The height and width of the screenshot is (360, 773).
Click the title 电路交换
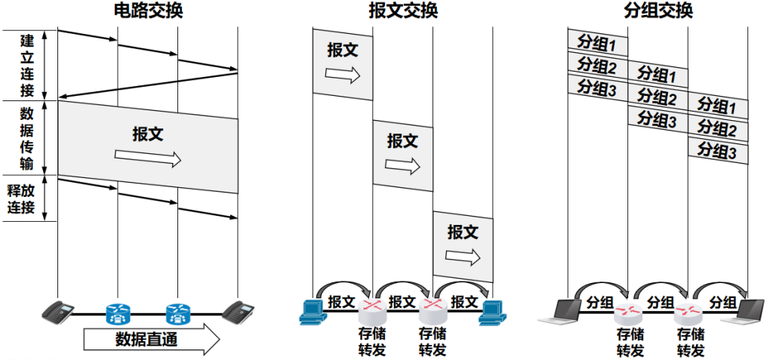(149, 11)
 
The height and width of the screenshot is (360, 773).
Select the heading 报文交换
(403, 11)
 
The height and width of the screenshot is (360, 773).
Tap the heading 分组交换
(658, 11)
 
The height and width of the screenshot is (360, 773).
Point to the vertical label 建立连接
(27, 65)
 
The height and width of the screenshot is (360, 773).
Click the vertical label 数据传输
(26, 139)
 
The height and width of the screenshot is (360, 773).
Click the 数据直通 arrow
(151, 340)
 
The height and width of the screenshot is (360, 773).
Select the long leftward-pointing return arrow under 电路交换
(148, 85)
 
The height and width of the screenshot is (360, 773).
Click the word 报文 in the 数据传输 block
(148, 134)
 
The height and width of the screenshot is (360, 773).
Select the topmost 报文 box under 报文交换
(343, 64)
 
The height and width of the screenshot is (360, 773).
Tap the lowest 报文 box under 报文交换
(463, 247)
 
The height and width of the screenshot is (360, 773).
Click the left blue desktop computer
(313, 312)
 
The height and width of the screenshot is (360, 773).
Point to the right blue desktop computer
(494, 312)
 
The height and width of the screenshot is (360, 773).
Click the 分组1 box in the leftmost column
(598, 43)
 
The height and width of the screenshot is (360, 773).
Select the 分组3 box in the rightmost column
(719, 151)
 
